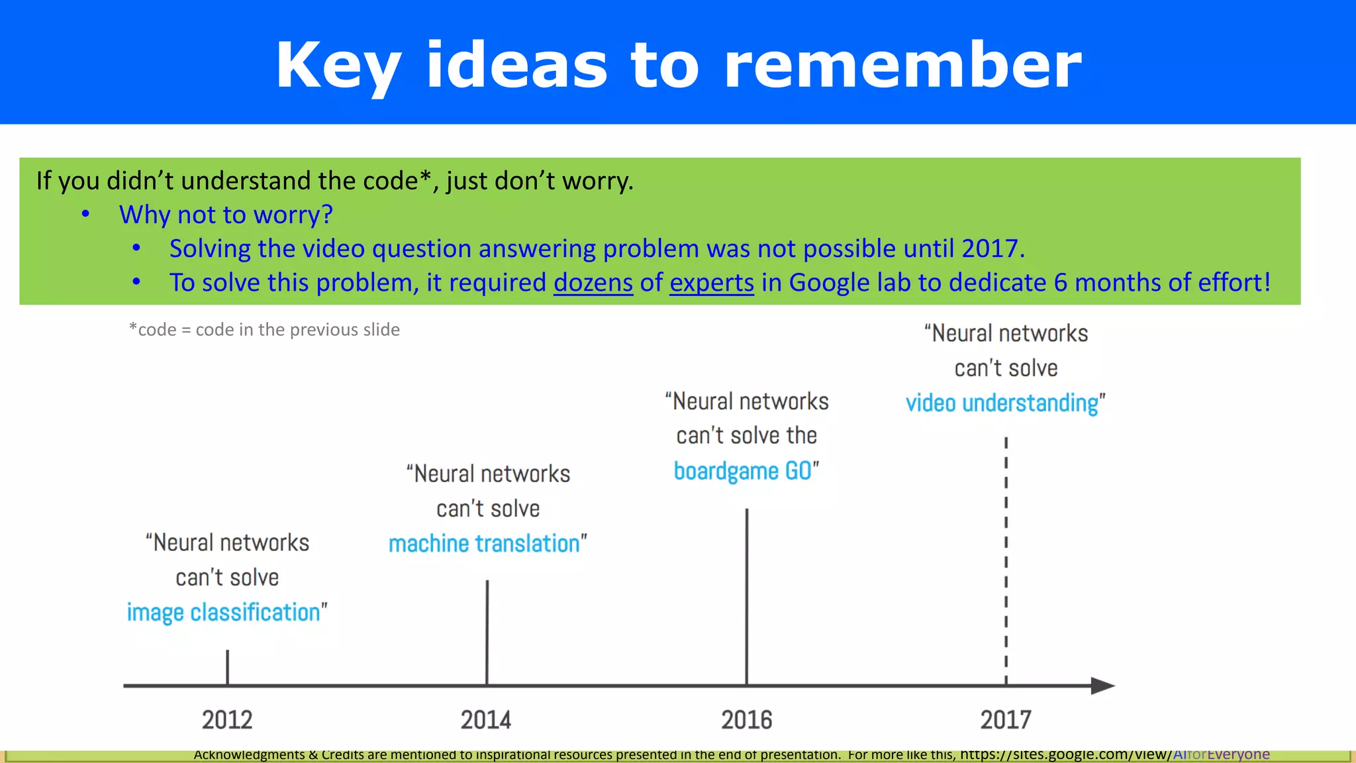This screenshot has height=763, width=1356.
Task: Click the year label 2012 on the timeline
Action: [227, 720]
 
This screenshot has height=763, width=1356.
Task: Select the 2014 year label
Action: [486, 720]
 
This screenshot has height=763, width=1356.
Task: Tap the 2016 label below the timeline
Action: [746, 720]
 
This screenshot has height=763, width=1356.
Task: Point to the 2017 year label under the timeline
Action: [1006, 720]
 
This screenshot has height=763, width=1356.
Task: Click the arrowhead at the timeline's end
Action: [1103, 686]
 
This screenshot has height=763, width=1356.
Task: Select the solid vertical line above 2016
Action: [747, 596]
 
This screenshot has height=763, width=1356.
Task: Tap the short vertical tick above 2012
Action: [227, 667]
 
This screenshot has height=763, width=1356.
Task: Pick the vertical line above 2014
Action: [487, 633]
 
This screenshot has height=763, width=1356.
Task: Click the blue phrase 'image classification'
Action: [224, 613]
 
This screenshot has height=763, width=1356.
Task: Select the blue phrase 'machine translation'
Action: [484, 544]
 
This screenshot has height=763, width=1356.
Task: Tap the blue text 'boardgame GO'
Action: [742, 471]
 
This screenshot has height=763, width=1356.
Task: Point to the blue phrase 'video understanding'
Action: [1002, 403]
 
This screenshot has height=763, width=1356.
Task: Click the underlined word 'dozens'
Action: [593, 283]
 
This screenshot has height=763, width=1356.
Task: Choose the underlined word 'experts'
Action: [712, 283]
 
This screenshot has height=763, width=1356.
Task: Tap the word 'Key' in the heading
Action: [338, 66]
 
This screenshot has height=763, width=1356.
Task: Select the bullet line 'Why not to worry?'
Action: [226, 215]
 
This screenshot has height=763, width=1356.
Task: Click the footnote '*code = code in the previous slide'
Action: [264, 330]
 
